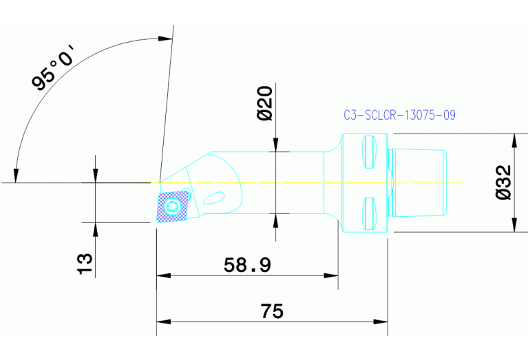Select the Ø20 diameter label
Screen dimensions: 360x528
click(x=266, y=103)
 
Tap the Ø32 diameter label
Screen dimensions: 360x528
click(x=503, y=182)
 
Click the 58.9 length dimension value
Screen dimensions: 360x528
click(x=247, y=264)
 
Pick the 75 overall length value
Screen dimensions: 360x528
click(x=272, y=311)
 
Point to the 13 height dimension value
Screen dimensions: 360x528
click(x=84, y=263)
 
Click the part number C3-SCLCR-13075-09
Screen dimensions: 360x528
click(x=399, y=115)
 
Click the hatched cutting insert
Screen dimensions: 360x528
click(x=172, y=207)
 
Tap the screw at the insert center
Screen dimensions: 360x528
click(x=173, y=206)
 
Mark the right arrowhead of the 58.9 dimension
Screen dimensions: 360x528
click(x=333, y=276)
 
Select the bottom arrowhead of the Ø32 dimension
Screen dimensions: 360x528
click(x=513, y=228)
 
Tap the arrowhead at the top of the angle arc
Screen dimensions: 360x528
click(x=165, y=39)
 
